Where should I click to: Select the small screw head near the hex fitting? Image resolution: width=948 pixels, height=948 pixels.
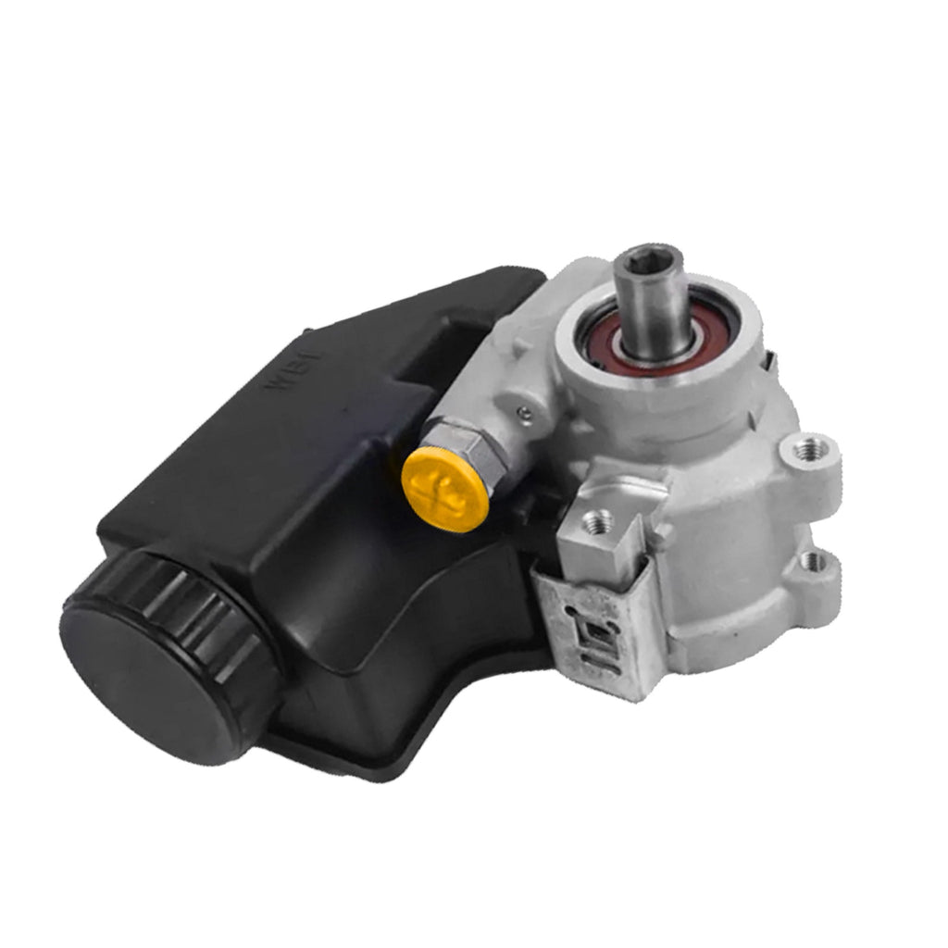point(524,413)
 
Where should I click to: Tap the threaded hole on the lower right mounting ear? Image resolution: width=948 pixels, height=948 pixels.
point(815,558)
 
